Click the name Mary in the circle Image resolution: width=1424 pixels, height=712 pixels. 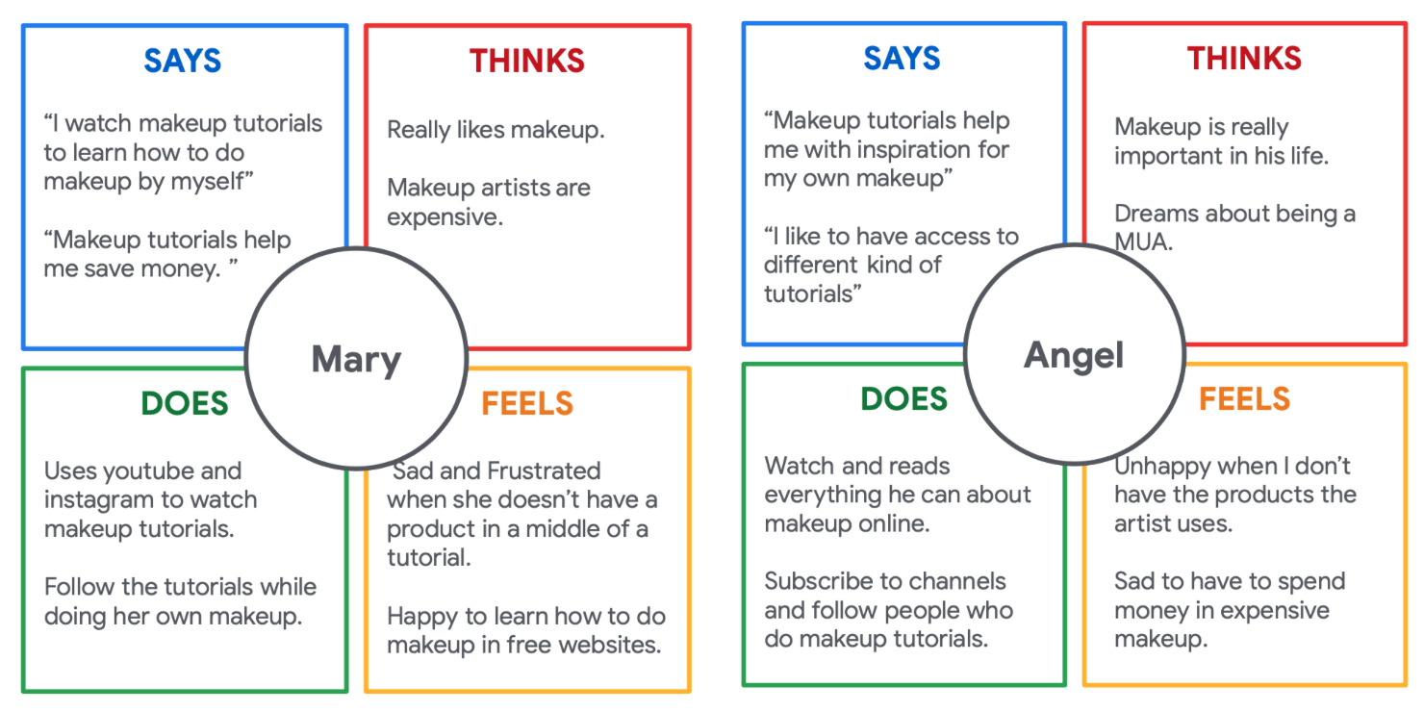[356, 360]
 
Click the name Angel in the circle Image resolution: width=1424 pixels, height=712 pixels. [1074, 355]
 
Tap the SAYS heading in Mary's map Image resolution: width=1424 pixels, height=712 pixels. [183, 61]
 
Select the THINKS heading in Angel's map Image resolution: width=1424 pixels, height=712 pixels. [1244, 59]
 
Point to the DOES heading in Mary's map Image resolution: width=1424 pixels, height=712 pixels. [185, 403]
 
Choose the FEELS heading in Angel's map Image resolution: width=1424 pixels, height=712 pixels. [1244, 398]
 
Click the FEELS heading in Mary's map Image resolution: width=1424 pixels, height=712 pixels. [527, 403]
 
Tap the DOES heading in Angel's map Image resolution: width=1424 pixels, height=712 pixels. [904, 398]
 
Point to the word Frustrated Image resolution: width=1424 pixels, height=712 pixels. [544, 470]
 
